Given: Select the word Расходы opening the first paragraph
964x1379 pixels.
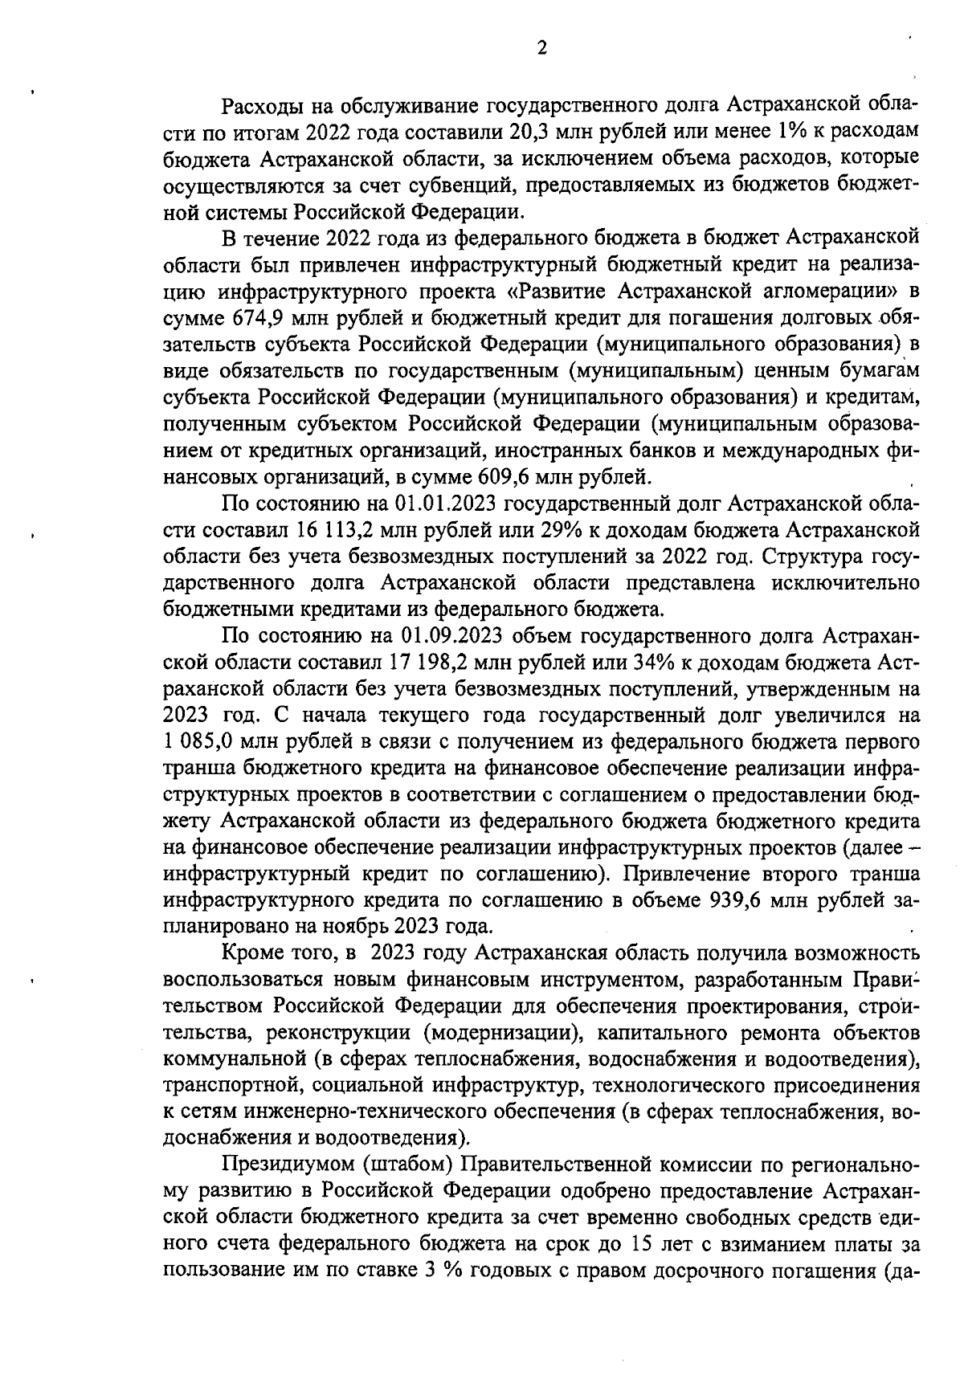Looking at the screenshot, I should (x=268, y=106).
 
